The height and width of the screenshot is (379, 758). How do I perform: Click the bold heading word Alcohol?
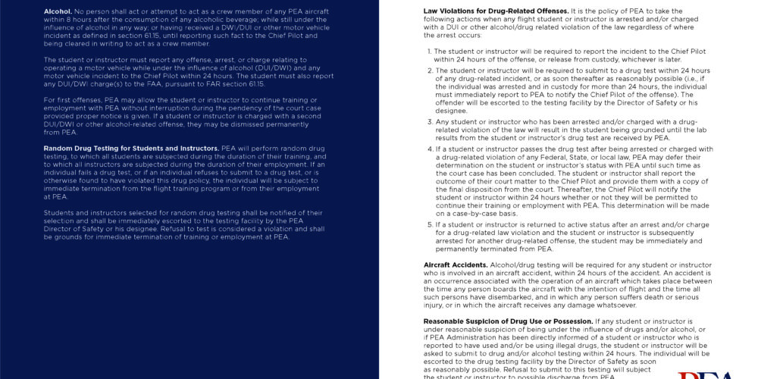coord(57,12)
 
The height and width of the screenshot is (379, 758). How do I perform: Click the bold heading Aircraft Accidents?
coord(455,265)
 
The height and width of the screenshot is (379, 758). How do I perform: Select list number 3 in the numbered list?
coord(428,121)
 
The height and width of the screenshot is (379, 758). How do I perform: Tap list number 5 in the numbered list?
coord(428,224)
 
